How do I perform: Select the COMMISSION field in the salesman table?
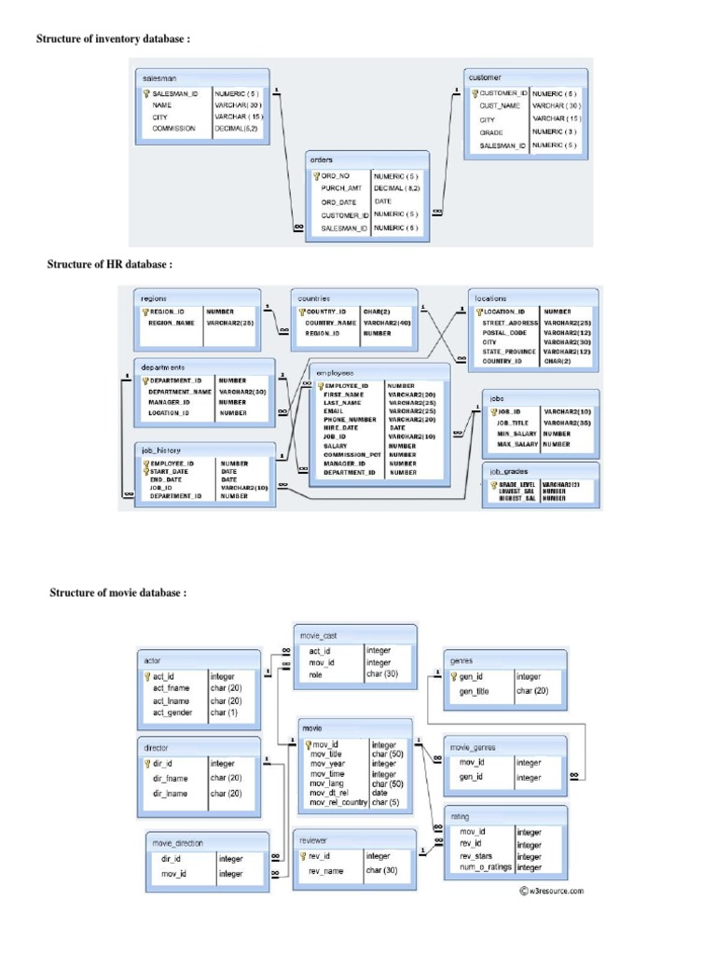[x=174, y=129]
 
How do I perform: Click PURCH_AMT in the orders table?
[x=341, y=187]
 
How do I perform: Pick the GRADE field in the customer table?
[x=491, y=132]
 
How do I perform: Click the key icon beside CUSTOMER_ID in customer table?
[x=474, y=94]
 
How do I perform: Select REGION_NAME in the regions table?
[x=172, y=323]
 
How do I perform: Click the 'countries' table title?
[x=312, y=298]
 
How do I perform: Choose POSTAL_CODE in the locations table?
[x=504, y=332]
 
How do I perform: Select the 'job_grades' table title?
[x=509, y=472]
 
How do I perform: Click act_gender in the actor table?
[x=172, y=713]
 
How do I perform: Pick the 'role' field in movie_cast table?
[x=316, y=674]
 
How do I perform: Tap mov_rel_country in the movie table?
[x=338, y=802]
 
